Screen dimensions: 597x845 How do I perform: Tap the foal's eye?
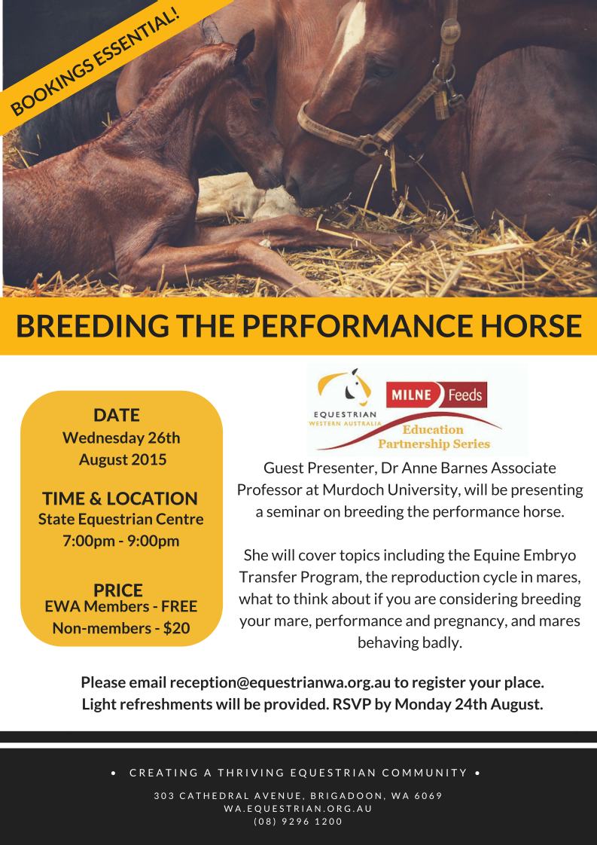click(x=257, y=103)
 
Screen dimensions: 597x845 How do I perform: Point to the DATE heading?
click(x=117, y=415)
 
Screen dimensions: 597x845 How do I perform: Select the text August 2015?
click(x=123, y=459)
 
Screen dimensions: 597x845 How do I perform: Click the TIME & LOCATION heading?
click(x=120, y=499)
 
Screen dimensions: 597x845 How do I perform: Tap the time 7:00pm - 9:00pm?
click(x=120, y=541)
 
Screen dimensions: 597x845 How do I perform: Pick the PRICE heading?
click(x=118, y=590)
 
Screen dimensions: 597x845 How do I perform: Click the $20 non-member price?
click(x=176, y=628)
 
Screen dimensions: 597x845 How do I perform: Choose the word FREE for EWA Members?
click(x=179, y=606)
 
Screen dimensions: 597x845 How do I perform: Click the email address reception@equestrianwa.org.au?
click(x=280, y=683)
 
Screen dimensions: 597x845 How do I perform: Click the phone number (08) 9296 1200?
click(x=298, y=822)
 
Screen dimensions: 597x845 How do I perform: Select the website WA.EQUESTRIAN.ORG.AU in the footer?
click(x=298, y=808)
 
